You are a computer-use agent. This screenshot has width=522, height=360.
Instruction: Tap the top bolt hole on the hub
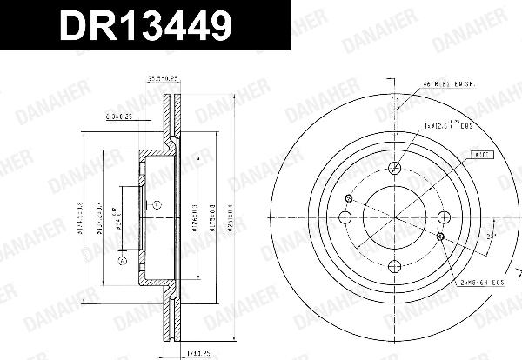point(393,169)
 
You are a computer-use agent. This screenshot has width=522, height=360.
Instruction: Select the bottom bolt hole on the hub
point(393,266)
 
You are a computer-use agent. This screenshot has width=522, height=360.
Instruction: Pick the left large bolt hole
point(345,217)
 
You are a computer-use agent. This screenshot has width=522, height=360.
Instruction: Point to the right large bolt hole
point(442,217)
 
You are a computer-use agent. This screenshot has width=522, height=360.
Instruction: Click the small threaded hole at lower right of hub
point(440,236)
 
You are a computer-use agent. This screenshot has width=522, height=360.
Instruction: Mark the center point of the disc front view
point(393,217)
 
